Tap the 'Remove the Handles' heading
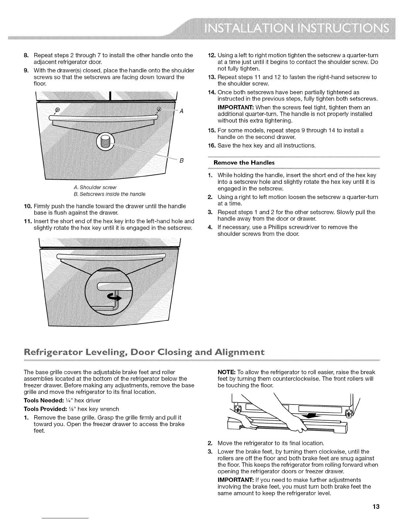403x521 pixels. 244,162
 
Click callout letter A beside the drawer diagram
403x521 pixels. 181,111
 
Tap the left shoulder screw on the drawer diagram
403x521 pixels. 58,110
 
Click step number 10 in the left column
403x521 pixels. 27,206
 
